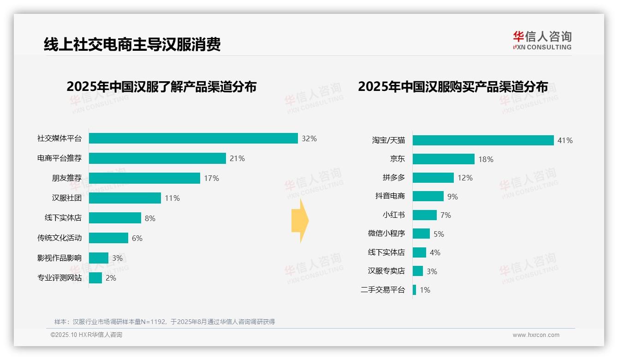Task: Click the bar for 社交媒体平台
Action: pyautogui.click(x=193, y=138)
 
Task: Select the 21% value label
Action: pyautogui.click(x=237, y=158)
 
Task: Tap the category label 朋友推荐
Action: pyautogui.click(x=66, y=178)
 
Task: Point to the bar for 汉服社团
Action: pyautogui.click(x=125, y=198)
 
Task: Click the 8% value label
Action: pyautogui.click(x=150, y=218)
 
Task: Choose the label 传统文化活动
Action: pyautogui.click(x=59, y=238)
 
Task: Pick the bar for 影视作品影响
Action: pyautogui.click(x=99, y=258)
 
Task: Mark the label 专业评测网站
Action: pyautogui.click(x=59, y=278)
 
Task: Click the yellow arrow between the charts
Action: pyautogui.click(x=300, y=221)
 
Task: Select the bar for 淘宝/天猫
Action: pyautogui.click(x=483, y=140)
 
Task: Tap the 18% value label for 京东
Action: pyautogui.click(x=486, y=159)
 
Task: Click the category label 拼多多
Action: pyautogui.click(x=394, y=178)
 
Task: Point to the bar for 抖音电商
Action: pyautogui.click(x=428, y=196)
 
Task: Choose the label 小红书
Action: pyautogui.click(x=394, y=215)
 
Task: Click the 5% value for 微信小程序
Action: pyautogui.click(x=439, y=234)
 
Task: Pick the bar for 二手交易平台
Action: pyautogui.click(x=414, y=290)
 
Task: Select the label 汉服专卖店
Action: pyautogui.click(x=386, y=271)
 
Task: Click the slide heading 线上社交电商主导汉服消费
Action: pyautogui.click(x=132, y=44)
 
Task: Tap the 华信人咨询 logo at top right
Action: pyautogui.click(x=542, y=41)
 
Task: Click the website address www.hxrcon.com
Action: pyautogui.click(x=535, y=335)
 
